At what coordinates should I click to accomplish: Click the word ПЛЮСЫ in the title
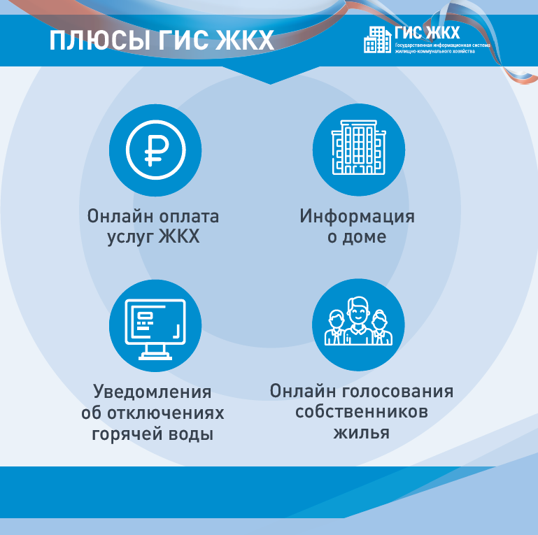pos(100,41)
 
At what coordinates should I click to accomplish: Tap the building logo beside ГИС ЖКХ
pos(377,40)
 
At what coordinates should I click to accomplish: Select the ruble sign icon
pos(156,150)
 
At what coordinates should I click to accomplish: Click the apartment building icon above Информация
pos(359,148)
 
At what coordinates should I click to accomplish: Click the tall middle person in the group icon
pos(358,321)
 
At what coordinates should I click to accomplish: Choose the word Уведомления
pos(153,392)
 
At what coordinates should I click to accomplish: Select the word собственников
pos(362,411)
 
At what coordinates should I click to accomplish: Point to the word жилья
pos(362,432)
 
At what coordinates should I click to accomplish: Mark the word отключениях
pos(166,413)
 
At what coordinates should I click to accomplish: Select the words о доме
pos(357,237)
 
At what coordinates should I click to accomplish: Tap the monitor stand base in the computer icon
pos(155,357)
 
